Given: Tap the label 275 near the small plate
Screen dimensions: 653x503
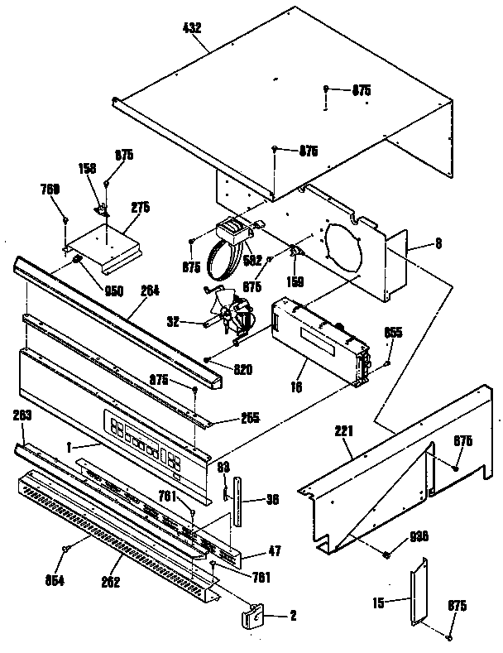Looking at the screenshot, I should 141,208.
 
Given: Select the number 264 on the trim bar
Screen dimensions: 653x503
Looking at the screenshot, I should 151,290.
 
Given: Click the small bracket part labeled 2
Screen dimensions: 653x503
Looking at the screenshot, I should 251,615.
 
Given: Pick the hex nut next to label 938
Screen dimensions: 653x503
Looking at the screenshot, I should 386,552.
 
